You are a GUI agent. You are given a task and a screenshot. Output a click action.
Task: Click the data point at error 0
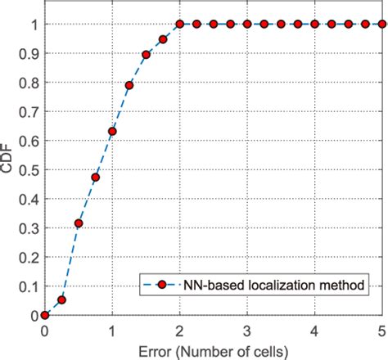click(45, 315)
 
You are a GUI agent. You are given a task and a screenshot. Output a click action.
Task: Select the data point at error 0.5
click(79, 223)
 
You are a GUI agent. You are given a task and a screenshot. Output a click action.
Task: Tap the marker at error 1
click(112, 131)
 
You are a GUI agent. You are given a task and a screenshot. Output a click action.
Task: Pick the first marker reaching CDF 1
click(180, 25)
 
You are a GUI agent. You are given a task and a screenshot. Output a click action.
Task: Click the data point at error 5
click(381, 25)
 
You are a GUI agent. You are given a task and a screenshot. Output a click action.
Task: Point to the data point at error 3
click(247, 25)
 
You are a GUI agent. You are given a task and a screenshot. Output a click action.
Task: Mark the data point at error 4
click(314, 25)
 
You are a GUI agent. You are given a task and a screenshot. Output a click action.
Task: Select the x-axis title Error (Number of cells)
click(214, 350)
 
